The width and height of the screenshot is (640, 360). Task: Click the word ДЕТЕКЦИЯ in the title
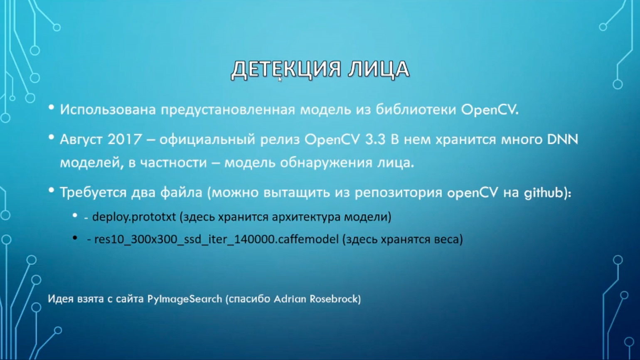click(x=286, y=69)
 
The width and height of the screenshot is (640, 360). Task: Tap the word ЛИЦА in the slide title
click(x=379, y=69)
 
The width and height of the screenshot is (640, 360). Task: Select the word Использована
click(x=108, y=109)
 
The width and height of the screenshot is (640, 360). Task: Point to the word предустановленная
click(x=228, y=110)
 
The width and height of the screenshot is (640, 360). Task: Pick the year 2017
click(x=125, y=139)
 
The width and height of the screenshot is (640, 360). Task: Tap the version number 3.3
click(x=375, y=139)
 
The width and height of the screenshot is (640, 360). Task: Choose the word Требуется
click(x=93, y=193)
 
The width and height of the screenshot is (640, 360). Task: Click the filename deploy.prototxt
click(x=134, y=217)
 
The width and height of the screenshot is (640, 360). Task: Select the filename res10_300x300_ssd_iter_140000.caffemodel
click(x=216, y=239)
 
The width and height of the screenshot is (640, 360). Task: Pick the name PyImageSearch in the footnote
click(x=185, y=299)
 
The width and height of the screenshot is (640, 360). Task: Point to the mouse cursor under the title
click(x=280, y=79)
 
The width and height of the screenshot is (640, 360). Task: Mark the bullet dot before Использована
click(x=52, y=108)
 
